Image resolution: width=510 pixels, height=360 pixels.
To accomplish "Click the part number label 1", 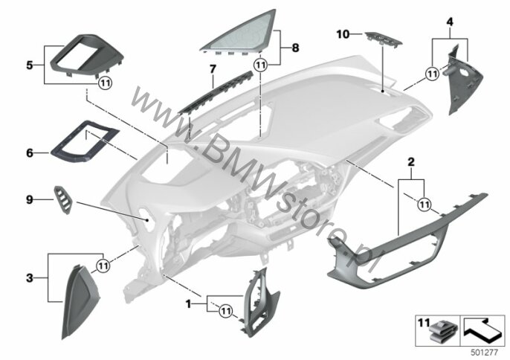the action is click(188, 304).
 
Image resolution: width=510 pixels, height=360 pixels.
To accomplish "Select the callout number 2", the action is click(411, 161).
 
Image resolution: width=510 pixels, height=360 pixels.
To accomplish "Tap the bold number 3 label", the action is click(30, 278).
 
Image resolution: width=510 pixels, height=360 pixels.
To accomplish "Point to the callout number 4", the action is click(450, 22).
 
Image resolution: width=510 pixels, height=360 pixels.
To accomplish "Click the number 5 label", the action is click(30, 65).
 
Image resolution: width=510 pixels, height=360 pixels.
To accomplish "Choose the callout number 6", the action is click(30, 152).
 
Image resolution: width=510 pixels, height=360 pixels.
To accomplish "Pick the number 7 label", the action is click(213, 69).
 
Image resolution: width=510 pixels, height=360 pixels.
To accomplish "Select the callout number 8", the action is click(295, 48).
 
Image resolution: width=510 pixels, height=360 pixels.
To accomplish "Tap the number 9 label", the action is click(30, 199).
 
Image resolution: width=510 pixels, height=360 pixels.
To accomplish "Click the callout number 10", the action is click(343, 34).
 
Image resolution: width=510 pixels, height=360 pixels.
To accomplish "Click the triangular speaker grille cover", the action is click(239, 32).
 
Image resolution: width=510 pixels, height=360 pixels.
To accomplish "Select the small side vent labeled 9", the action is click(63, 200).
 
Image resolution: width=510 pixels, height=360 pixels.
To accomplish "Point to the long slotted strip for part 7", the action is click(216, 93).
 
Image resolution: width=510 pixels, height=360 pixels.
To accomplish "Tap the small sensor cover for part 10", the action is click(384, 39).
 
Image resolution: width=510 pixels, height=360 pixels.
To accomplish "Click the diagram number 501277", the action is click(485, 352).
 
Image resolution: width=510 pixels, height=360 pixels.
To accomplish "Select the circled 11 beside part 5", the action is click(105, 83).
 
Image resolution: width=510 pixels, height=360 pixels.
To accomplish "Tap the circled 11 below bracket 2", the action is click(424, 205).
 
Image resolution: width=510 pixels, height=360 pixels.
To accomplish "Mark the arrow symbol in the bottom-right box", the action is click(482, 331).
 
